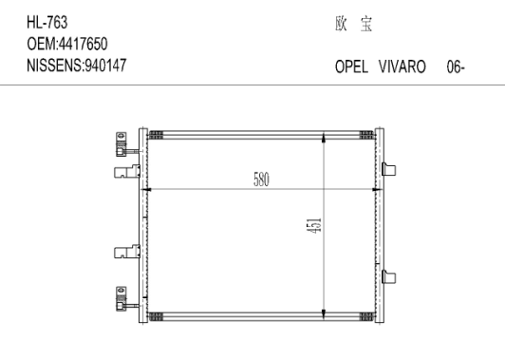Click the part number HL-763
[47, 23]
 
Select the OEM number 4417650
[83, 44]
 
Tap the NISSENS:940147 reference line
[77, 66]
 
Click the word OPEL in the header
[351, 66]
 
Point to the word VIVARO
[402, 66]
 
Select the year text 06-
[456, 66]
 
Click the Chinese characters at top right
[354, 24]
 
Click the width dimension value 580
[261, 180]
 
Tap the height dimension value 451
[314, 226]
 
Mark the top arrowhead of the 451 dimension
[324, 138]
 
